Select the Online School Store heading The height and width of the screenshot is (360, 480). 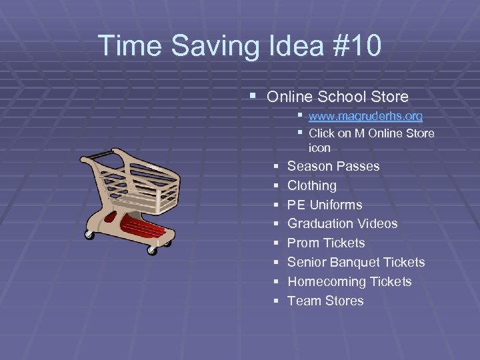click(x=337, y=97)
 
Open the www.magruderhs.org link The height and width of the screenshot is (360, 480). click(x=365, y=116)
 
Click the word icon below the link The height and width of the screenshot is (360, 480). click(x=319, y=147)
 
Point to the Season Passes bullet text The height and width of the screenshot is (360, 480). click(x=333, y=166)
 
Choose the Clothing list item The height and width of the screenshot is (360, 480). click(x=311, y=185)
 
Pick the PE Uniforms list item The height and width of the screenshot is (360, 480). click(x=325, y=205)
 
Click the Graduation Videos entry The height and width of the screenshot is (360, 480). click(x=342, y=223)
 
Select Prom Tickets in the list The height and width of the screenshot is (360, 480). click(x=326, y=243)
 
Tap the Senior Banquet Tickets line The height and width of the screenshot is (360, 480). click(x=356, y=262)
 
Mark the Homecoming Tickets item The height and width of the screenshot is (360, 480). click(x=349, y=281)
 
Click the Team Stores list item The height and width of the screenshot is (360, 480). click(x=325, y=301)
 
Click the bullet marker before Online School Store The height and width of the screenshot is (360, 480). click(x=252, y=97)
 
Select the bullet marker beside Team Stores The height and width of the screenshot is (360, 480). click(x=276, y=301)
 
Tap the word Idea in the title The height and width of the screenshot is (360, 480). click(x=287, y=46)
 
